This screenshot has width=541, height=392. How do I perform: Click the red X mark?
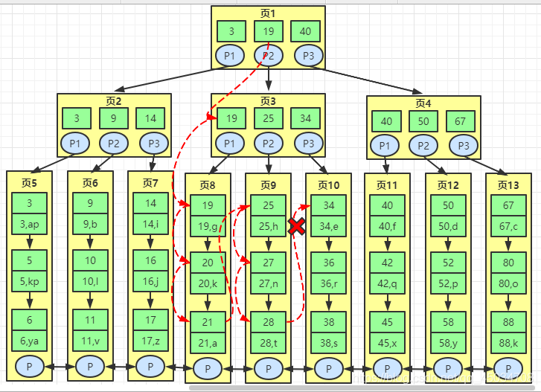pyautogui.click(x=296, y=227)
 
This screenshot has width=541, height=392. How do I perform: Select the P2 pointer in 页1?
pyautogui.click(x=268, y=55)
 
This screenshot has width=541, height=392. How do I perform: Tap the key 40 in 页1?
pyautogui.click(x=306, y=31)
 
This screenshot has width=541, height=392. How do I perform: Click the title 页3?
pyautogui.click(x=268, y=101)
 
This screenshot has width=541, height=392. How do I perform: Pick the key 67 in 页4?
pyautogui.click(x=461, y=121)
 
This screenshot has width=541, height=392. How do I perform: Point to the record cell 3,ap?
pyautogui.click(x=29, y=223)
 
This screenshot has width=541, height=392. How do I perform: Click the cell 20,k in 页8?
pyautogui.click(x=208, y=283)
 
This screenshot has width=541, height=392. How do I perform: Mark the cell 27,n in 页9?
pyautogui.click(x=269, y=283)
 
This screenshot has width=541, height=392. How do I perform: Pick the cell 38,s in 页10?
pyautogui.click(x=328, y=341)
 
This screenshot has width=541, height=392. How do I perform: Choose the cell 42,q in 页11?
pyautogui.click(x=387, y=283)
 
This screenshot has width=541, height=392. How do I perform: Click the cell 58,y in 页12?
pyautogui.click(x=448, y=341)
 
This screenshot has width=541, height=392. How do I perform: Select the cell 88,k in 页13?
pyautogui.click(x=508, y=341)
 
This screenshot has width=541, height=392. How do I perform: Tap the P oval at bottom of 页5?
pyautogui.click(x=29, y=367)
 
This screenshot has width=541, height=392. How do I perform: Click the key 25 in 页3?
pyautogui.click(x=268, y=118)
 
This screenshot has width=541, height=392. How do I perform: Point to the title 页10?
pyautogui.click(x=328, y=184)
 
